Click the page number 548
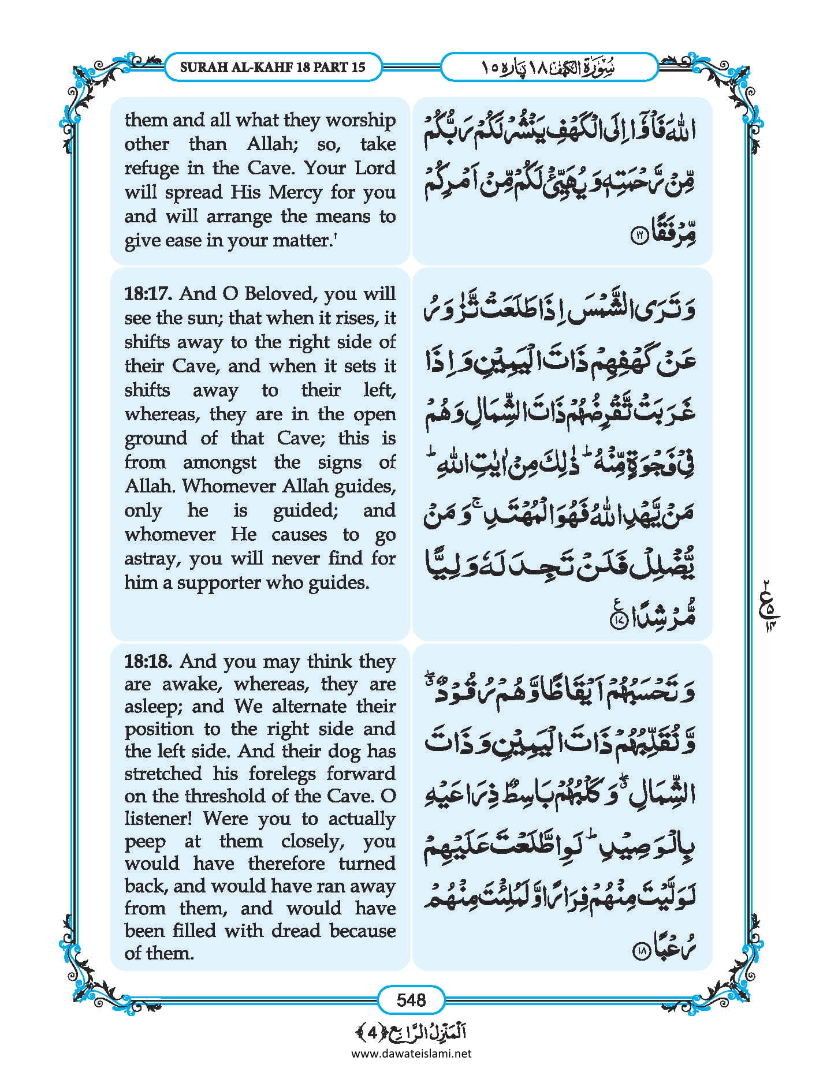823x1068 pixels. [411, 999]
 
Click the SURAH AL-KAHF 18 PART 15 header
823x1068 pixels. [273, 67]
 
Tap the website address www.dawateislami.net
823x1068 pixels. [411, 1053]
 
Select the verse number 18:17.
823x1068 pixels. [148, 294]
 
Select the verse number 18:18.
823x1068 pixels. [148, 661]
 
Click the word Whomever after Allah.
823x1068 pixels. [230, 486]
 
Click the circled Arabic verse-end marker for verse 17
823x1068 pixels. [616, 621]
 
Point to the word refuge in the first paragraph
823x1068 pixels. [149, 169]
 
